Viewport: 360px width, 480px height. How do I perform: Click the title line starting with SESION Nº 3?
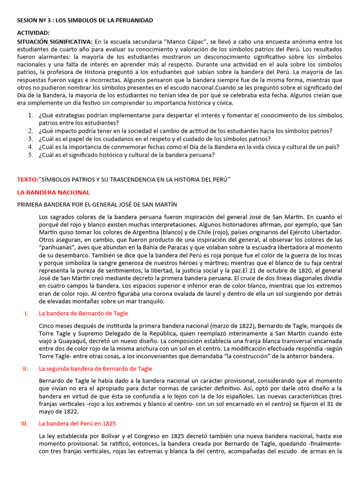point(85,21)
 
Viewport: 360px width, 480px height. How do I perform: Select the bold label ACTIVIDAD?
point(33,33)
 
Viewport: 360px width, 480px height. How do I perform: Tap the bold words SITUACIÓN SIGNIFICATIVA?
point(55,42)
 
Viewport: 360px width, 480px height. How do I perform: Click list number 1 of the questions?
point(30,115)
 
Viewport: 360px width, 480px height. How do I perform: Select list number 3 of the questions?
point(30,139)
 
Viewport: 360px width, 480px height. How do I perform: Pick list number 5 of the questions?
point(30,155)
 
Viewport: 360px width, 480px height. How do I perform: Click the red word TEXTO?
point(28,180)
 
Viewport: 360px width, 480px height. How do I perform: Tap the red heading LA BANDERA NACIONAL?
point(53,192)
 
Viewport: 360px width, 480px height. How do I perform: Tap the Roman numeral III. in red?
point(25,424)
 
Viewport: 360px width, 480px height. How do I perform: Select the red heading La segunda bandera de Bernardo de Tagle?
point(95,369)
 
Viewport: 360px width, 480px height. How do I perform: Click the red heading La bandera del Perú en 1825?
point(77,424)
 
